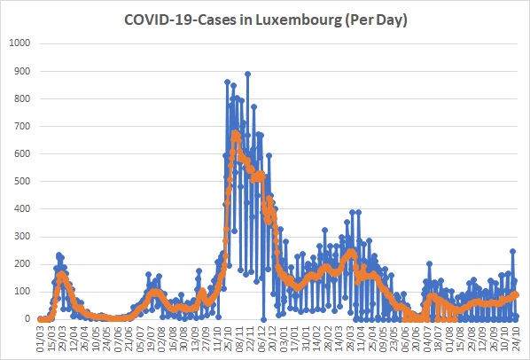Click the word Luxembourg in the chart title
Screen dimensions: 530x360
click(298, 20)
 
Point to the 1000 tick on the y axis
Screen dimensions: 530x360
click(19, 43)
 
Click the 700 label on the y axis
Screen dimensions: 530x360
click(21, 126)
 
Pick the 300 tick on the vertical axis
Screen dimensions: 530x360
click(21, 236)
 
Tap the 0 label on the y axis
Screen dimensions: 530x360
click(27, 318)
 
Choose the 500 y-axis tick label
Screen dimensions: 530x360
click(21, 181)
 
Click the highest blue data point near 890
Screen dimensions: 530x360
click(248, 74)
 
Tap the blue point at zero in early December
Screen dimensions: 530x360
click(263, 319)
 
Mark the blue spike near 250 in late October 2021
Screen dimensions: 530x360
click(513, 251)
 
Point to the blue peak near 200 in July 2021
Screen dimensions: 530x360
click(429, 263)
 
